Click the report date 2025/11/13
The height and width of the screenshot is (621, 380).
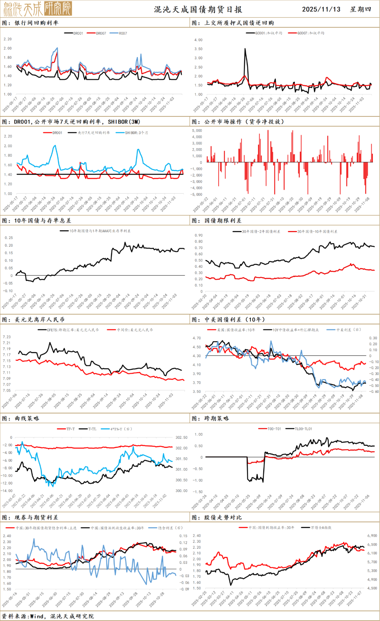pos(321,9)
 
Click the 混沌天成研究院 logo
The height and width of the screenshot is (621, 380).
pos(37,8)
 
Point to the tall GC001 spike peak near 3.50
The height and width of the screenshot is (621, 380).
pos(245,49)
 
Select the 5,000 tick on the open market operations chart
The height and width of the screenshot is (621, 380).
pos(197,131)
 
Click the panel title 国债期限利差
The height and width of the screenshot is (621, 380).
pos(223,221)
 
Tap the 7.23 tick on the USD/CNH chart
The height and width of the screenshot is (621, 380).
pos(7,337)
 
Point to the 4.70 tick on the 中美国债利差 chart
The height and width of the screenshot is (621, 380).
pos(196,338)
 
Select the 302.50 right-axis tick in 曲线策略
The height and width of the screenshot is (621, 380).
pos(182,438)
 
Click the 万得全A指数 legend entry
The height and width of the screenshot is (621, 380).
pos(321,528)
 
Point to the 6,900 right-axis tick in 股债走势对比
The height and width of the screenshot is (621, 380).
pos(372,536)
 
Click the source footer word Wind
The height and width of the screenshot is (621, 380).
pos(37,616)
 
